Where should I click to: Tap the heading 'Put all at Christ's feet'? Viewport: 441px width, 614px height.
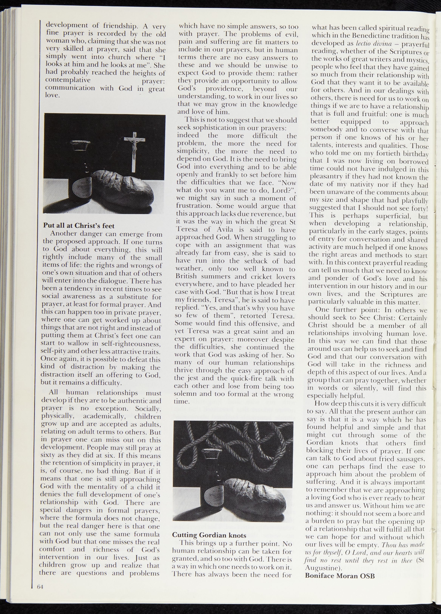(79, 225)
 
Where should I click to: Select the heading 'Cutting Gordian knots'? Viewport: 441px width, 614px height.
(209, 535)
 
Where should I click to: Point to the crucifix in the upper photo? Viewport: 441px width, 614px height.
(134, 150)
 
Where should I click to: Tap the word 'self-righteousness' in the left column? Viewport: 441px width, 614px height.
(132, 344)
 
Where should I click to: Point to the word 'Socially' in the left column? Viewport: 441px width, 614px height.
(148, 408)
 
